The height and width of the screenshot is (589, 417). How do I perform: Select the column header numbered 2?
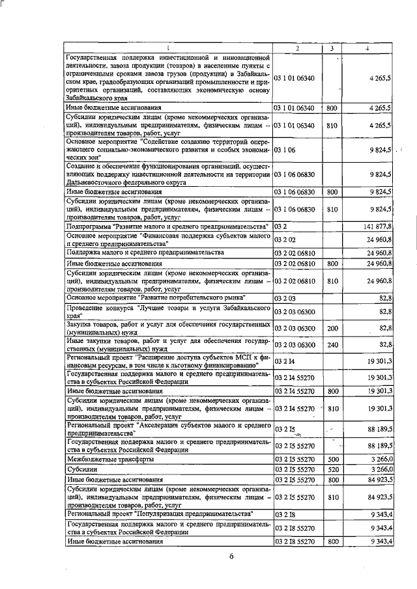(297, 49)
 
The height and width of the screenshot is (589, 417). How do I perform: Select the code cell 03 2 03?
(287, 297)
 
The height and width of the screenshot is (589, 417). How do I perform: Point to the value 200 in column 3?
(332, 329)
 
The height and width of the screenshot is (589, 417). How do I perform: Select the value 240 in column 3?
(332, 345)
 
